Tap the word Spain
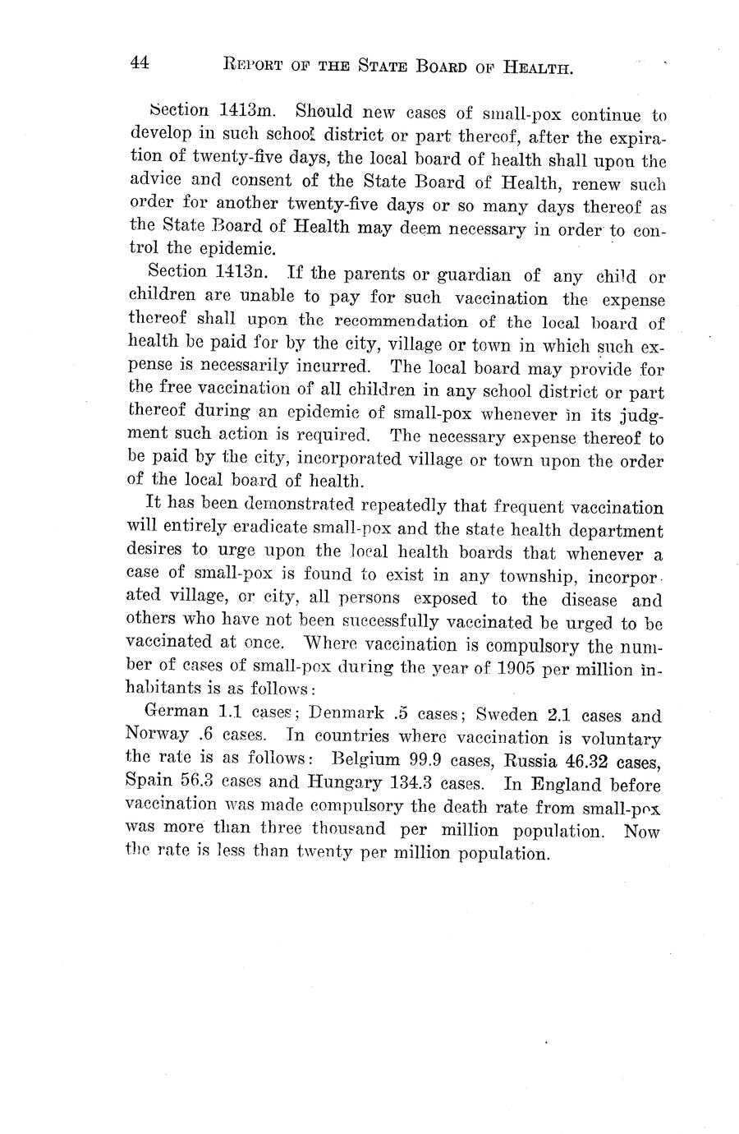click(x=150, y=784)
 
